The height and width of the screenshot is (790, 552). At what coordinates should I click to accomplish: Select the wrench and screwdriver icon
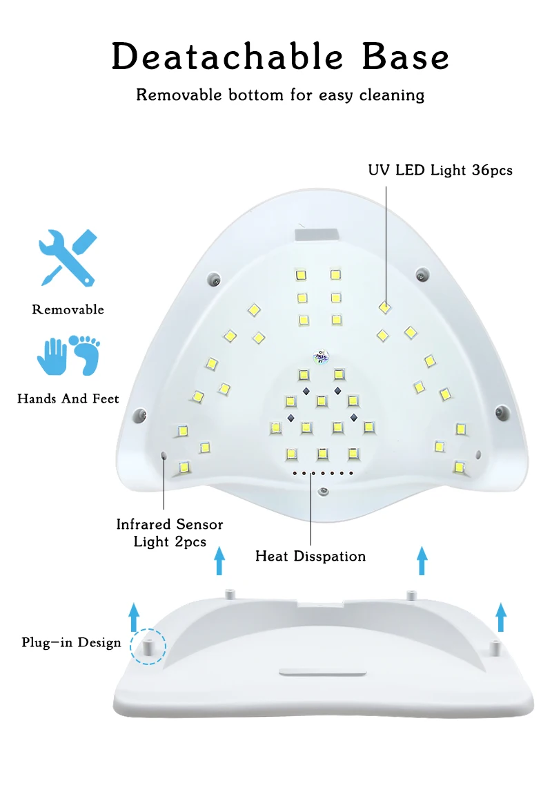coord(68,258)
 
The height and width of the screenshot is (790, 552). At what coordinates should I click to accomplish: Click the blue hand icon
coord(52,356)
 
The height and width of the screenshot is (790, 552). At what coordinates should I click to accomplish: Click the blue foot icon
coord(86,354)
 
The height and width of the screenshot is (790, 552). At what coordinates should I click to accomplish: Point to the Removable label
coord(68,309)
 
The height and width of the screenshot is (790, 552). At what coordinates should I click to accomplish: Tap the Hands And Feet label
coord(68,398)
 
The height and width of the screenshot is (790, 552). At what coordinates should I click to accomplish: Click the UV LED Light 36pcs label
coord(440,170)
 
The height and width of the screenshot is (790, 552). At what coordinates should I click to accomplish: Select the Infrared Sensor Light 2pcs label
coord(170,533)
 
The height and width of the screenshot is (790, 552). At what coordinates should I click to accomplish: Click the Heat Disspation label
coord(310,556)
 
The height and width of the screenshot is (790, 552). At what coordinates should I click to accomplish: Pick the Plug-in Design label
coord(71,643)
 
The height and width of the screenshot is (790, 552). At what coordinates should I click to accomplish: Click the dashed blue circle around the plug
coord(148,647)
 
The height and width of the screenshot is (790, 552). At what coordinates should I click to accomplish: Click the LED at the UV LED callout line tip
coord(384,307)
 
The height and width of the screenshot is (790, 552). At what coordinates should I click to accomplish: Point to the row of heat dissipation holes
coord(322,474)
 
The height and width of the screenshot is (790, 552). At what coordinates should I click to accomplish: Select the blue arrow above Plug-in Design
coord(135,613)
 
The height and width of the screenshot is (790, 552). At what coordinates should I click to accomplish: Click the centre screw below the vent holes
coord(322,492)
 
